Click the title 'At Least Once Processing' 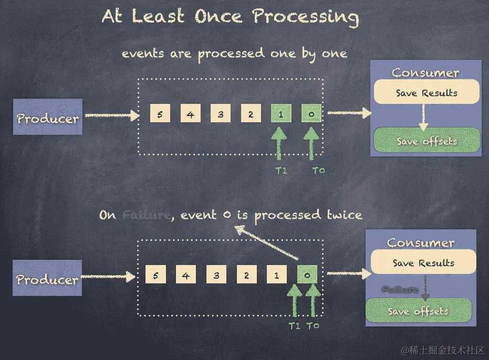[230, 17]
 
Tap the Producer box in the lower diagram [48, 279]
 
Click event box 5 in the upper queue [159, 114]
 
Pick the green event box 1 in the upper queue [281, 114]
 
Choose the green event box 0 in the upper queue [311, 114]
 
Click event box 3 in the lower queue [216, 274]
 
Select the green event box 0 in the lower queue [307, 274]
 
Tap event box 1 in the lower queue [276, 274]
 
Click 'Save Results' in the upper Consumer [426, 93]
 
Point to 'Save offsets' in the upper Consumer [426, 141]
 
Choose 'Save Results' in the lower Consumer [423, 263]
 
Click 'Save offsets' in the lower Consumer [418, 311]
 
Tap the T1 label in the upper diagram [282, 170]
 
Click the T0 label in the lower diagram [313, 325]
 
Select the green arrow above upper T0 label [312, 144]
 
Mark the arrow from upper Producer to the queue [111, 115]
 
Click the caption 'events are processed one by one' [234, 54]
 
